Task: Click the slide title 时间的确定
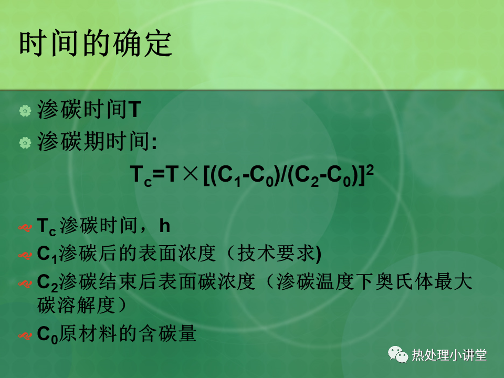point(96,43)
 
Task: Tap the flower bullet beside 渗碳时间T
point(25,111)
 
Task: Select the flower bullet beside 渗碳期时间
point(25,143)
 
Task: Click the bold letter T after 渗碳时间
point(135,109)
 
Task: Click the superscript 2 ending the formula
point(370,170)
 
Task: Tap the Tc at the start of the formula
point(141,176)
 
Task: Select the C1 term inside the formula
point(229,176)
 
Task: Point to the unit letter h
point(164,226)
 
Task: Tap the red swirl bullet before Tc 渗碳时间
point(25,228)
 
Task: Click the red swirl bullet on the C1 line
point(25,256)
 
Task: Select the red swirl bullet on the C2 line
point(25,284)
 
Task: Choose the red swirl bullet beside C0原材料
point(25,336)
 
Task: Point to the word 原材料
point(88,333)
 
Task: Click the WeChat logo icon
point(398,354)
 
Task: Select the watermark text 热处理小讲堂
point(449,355)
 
